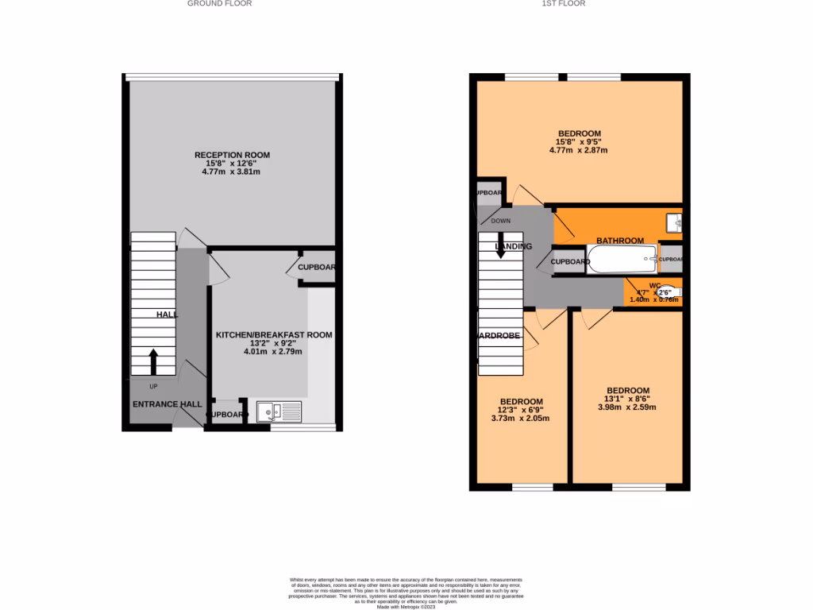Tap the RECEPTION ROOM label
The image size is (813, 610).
233,155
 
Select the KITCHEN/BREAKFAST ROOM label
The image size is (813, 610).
274,335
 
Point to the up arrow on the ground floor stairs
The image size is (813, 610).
152,361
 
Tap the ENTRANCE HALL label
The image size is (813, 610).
167,404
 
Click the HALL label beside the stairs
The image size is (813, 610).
167,315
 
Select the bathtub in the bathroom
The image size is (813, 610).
622,260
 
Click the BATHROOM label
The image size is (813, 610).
620,241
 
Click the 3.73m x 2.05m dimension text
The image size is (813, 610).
521,419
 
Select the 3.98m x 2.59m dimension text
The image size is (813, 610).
626,407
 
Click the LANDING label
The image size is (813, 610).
514,246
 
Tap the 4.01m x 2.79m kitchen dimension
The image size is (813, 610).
274,351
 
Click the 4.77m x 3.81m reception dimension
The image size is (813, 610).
233,172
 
